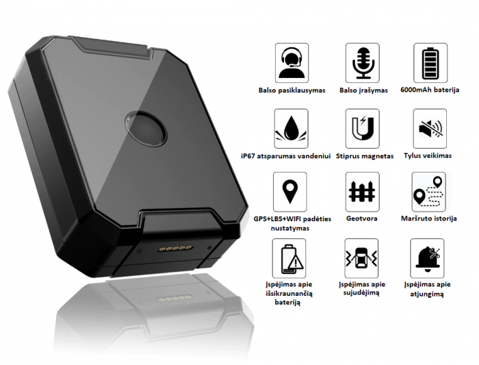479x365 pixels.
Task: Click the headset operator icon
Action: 292,63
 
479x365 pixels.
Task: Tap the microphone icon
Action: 363,63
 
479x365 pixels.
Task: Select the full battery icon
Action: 430,63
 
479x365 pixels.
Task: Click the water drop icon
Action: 291,129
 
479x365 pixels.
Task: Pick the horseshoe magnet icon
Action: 363,129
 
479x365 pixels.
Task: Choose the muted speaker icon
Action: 430,129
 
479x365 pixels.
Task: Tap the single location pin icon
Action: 290,192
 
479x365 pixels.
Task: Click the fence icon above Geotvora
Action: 362,192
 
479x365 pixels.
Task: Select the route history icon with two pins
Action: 428,192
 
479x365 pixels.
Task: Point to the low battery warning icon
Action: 289,259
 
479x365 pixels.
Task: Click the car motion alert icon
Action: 362,259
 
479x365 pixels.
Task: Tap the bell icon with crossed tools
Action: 427,259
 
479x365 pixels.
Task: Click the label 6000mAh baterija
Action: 430,90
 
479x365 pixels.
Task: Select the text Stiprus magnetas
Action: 365,156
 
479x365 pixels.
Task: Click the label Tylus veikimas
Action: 428,155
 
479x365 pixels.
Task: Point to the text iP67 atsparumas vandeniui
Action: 286,156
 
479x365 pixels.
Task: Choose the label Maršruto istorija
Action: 429,218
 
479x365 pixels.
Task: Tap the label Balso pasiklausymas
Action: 292,90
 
